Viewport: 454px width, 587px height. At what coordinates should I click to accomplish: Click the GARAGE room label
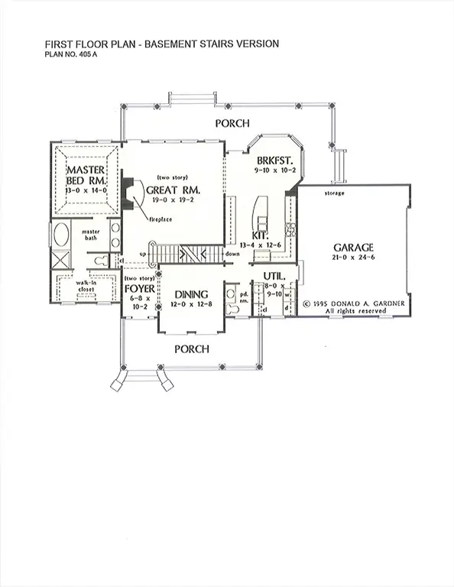click(x=353, y=248)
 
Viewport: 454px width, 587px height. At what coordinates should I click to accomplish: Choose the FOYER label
click(x=139, y=290)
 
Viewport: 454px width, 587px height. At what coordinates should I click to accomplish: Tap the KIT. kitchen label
click(x=261, y=235)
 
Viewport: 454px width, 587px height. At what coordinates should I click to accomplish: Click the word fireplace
click(x=159, y=219)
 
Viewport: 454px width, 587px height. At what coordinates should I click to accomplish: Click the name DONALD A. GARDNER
click(x=364, y=303)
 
